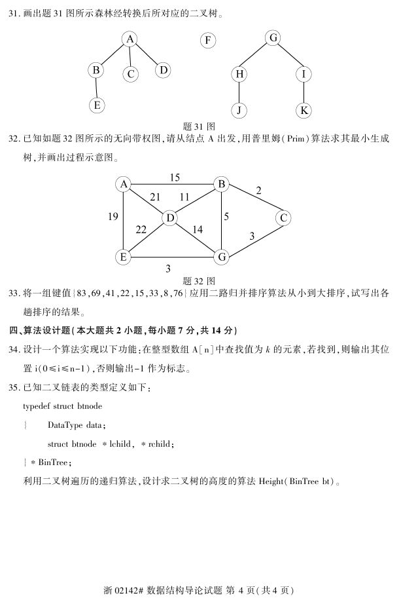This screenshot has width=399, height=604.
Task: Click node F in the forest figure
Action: click(207, 41)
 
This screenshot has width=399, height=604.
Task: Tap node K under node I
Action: click(304, 110)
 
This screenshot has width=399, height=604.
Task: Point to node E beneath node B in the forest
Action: click(97, 105)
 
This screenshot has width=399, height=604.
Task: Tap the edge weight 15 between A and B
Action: click(175, 178)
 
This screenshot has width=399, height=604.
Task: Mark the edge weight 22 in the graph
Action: click(141, 230)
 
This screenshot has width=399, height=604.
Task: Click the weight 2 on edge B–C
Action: click(259, 191)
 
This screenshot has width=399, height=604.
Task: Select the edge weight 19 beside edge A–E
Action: click(113, 216)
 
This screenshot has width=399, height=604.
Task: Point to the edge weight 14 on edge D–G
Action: click(198, 230)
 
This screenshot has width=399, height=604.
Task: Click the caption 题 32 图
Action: click(196, 278)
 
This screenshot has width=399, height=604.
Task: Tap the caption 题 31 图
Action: click(197, 126)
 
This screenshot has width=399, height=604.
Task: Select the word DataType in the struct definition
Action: click(69, 425)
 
